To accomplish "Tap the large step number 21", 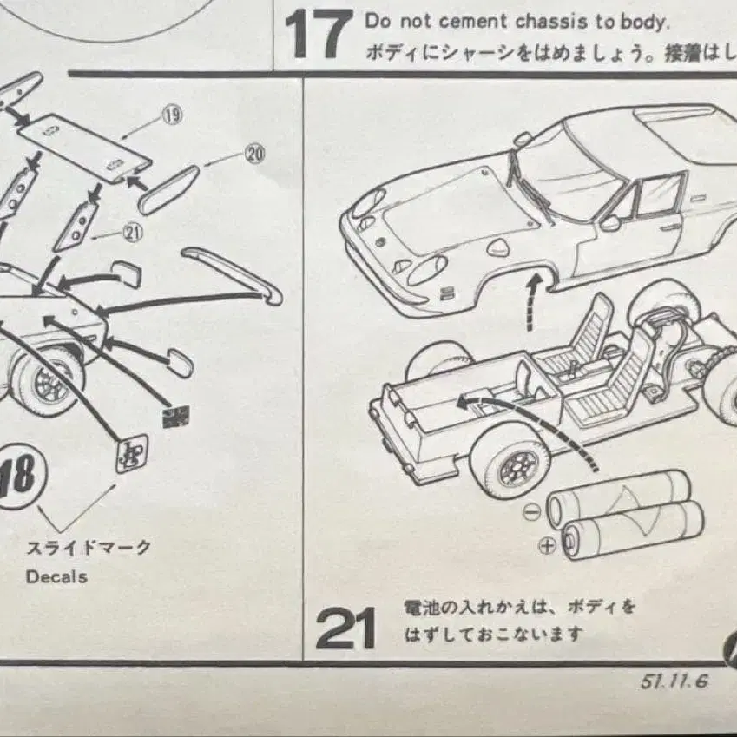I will point(345,628).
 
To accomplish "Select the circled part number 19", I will point(172,115).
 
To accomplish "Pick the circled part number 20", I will point(253,155).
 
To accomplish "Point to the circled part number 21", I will point(132,231).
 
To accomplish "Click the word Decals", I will point(56,576).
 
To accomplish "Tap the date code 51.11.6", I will point(674,681).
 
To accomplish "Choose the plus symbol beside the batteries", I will point(547,546).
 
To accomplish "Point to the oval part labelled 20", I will point(169,189).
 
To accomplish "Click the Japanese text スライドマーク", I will point(89,548).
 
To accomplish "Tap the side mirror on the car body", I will point(611,223).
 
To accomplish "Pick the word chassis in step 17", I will point(546,21).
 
